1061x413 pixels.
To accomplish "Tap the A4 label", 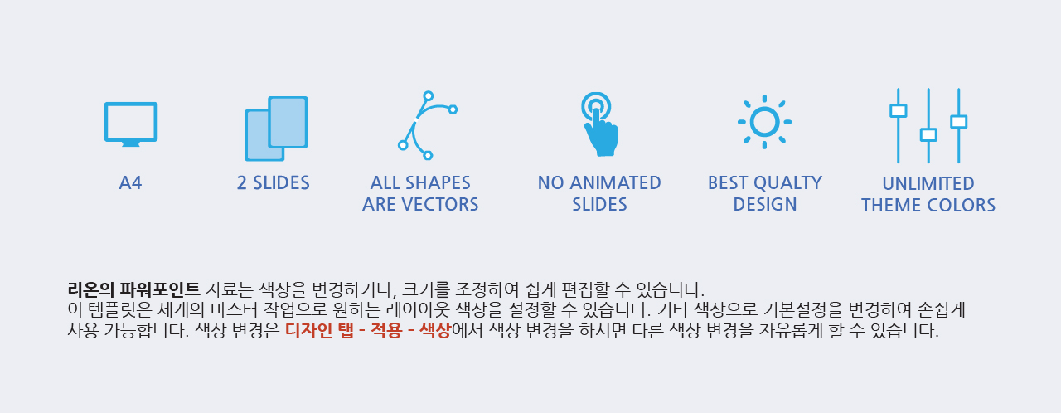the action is coord(130,183).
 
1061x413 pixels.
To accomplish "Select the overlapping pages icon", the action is coord(276,129).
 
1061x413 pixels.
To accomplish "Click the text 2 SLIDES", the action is coord(274,183).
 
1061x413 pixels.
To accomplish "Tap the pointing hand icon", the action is coord(599,124).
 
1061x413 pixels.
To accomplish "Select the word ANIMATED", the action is coord(615,183).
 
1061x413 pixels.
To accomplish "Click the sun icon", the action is coord(764,122).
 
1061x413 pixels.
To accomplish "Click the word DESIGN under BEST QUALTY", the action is coord(765,205).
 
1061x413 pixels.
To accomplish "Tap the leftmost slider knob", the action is coord(898,111).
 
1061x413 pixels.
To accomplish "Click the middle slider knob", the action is coord(928,135).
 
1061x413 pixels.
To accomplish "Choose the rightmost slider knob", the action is coord(959,122).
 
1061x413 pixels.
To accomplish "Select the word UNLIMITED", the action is coord(928,184).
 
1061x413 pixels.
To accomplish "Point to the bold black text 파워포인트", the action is coord(160,289).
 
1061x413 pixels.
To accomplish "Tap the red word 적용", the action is coord(386,330).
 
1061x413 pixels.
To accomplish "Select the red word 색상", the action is coord(435,330).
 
